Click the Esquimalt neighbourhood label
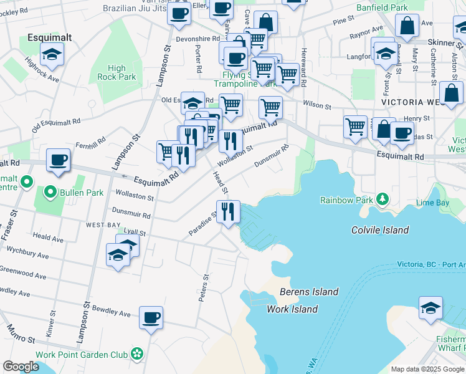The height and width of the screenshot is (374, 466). click(49, 38)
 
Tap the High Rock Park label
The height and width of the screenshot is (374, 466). click(117, 73)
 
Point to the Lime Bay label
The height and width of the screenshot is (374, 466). click(432, 203)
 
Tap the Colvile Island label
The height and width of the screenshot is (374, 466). click(379, 230)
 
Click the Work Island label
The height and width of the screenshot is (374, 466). click(292, 309)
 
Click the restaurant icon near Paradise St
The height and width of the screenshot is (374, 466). click(229, 211)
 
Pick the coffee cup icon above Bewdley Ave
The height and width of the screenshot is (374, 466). click(151, 318)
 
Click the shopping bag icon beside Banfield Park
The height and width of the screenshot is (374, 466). click(407, 26)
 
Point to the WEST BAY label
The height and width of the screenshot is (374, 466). click(103, 224)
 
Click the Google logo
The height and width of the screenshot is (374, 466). click(21, 367)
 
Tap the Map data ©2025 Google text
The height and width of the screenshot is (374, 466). click(427, 369)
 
